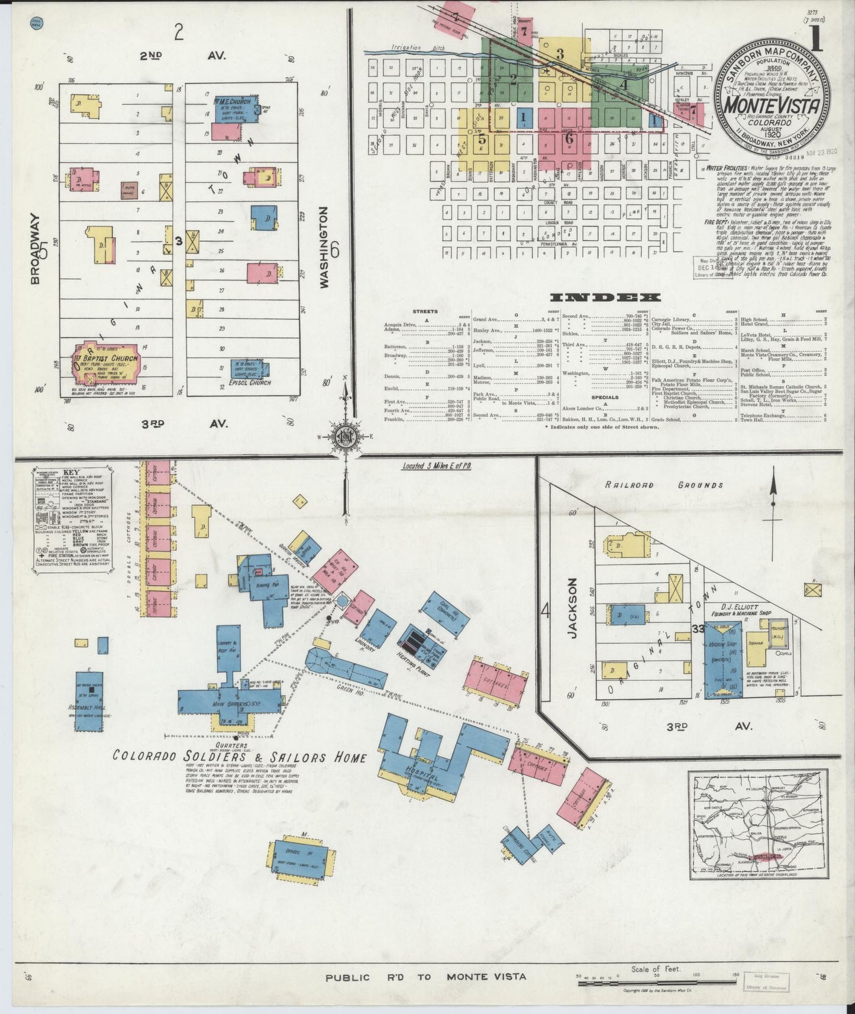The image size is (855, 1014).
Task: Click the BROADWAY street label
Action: (36, 248)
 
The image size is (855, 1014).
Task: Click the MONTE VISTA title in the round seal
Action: (772, 106)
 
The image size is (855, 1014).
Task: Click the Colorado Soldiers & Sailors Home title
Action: (240, 757)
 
